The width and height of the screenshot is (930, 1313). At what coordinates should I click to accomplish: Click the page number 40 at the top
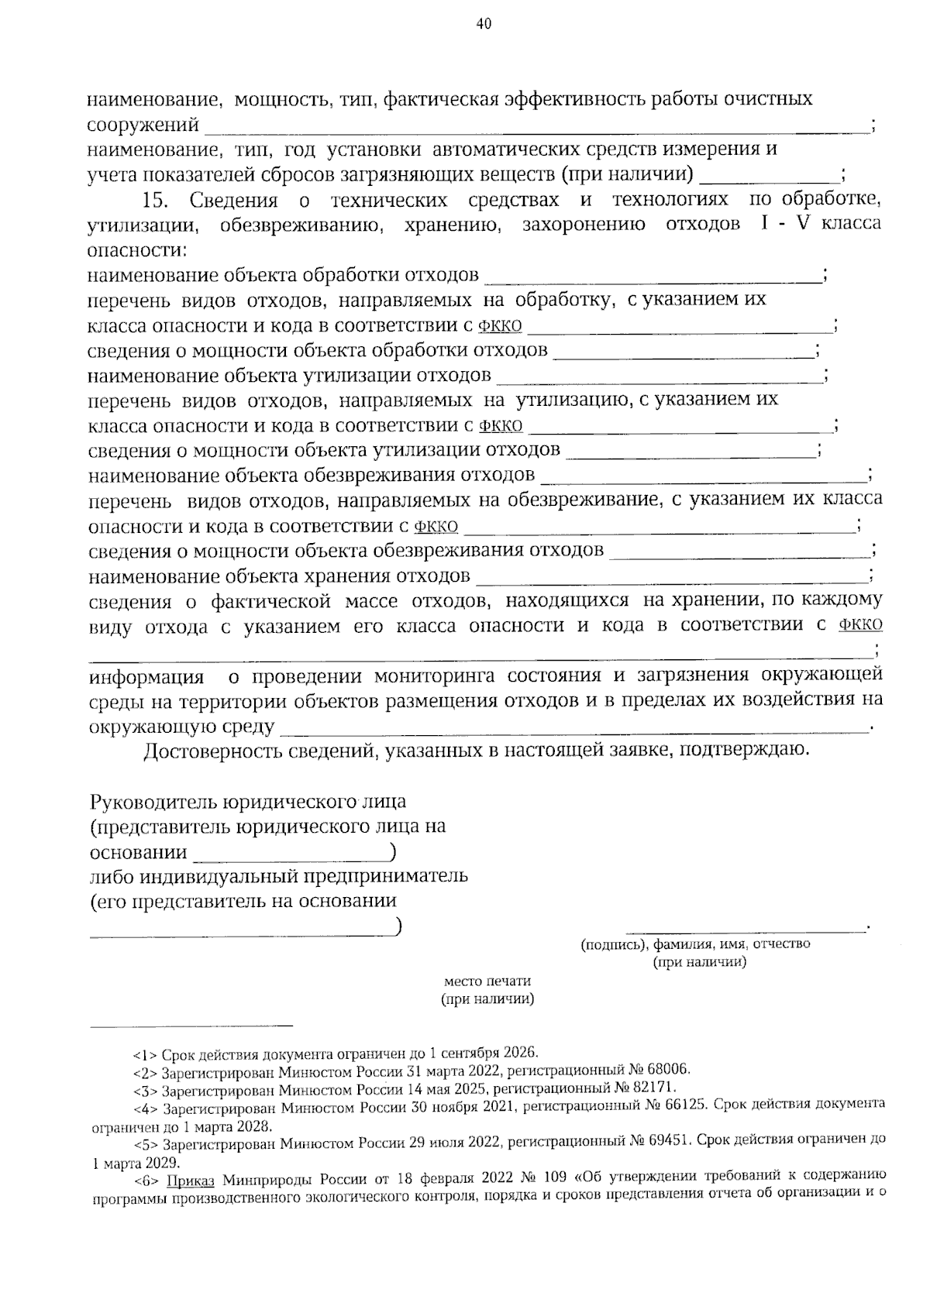(x=484, y=24)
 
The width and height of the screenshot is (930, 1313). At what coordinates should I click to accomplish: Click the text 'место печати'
(x=487, y=981)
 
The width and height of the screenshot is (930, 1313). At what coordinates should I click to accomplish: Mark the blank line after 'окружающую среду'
(x=573, y=730)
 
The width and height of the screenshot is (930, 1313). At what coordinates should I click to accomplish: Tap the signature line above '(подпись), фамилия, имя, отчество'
(x=746, y=928)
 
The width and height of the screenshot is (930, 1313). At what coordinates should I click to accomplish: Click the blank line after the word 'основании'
(x=291, y=860)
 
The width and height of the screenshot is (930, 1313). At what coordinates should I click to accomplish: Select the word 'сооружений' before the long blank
(x=143, y=125)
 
